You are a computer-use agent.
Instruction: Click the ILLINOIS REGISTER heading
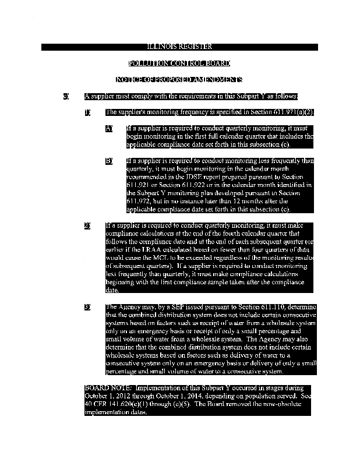[179, 47]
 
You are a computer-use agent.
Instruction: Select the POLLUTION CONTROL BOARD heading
[179, 63]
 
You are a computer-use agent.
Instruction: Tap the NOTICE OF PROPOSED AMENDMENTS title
[179, 79]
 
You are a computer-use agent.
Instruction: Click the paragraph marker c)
[66, 96]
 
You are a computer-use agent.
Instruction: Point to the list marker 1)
[87, 112]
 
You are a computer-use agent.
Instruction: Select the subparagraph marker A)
[109, 128]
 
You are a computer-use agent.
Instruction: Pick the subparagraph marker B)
[109, 161]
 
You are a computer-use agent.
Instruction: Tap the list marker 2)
[87, 225]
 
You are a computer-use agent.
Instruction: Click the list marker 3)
[87, 306]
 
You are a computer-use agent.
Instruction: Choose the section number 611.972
[140, 202]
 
